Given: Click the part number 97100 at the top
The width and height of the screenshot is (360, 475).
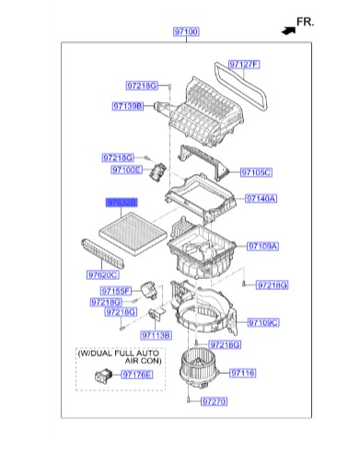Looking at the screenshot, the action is coord(186,31).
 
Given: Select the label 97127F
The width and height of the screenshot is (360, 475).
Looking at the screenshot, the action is coord(244,64).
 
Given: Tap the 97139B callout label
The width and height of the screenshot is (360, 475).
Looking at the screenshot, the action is coord(128,106).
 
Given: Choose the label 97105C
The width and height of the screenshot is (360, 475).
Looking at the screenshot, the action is coord(256,172).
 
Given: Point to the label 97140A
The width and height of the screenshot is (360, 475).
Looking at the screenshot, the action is coord(261,199).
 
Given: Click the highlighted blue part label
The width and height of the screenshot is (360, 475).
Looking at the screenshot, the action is coord(122,203).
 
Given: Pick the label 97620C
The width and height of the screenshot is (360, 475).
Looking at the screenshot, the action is coord(103,274).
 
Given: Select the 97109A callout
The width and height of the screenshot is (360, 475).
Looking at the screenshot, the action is coord(262,246).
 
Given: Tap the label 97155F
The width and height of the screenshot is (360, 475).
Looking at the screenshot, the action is coord(116,291).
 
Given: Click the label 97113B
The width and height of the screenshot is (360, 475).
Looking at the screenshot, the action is coord(156,335).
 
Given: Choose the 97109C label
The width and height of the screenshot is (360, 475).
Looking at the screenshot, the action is coord(263,322).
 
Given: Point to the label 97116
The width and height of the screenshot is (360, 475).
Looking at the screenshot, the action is coord(243,373).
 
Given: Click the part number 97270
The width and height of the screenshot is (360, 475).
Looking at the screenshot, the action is coord(214,401).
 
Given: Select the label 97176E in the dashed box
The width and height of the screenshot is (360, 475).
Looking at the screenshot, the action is coord(137,375).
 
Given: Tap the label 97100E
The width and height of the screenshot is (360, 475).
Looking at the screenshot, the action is coord(126,169).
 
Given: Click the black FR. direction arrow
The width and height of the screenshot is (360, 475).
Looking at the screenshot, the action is coord(288,30).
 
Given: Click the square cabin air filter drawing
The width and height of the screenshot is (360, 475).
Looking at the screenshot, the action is coord(133,234).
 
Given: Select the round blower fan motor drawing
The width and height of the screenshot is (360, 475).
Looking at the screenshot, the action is coord(198,368).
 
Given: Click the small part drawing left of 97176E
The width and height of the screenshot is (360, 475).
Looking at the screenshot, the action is coord(104,376).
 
